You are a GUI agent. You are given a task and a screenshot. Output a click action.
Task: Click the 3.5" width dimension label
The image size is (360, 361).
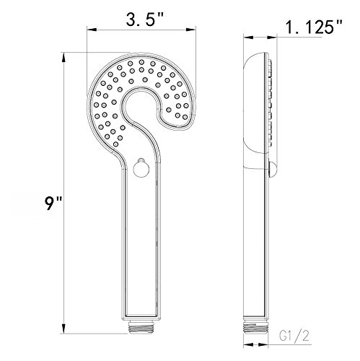[x=144, y=20]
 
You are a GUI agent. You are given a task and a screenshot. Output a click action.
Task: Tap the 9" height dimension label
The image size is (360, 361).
[x=53, y=204]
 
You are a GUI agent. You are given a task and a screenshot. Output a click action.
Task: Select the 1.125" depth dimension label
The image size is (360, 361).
[x=313, y=27]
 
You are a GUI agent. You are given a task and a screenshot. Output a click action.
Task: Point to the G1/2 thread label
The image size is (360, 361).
[x=294, y=336]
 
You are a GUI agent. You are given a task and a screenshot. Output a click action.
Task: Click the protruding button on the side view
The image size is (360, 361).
[x=272, y=170]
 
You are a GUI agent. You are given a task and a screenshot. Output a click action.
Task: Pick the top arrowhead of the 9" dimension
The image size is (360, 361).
[x=63, y=58]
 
